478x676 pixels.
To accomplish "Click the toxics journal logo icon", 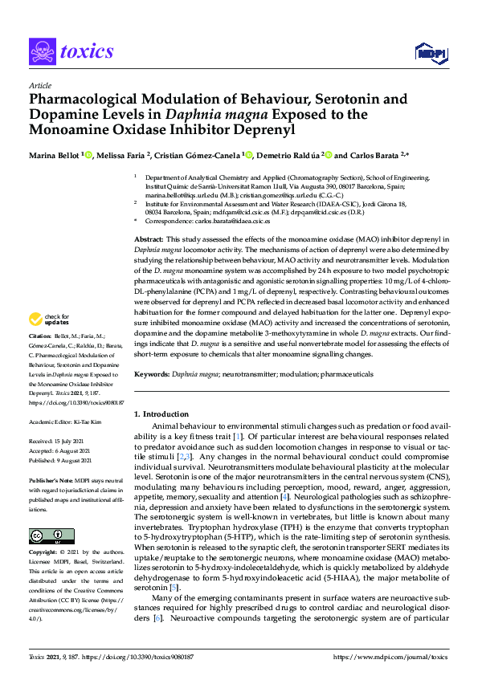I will (41, 51).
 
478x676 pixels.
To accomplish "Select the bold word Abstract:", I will (149, 239).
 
